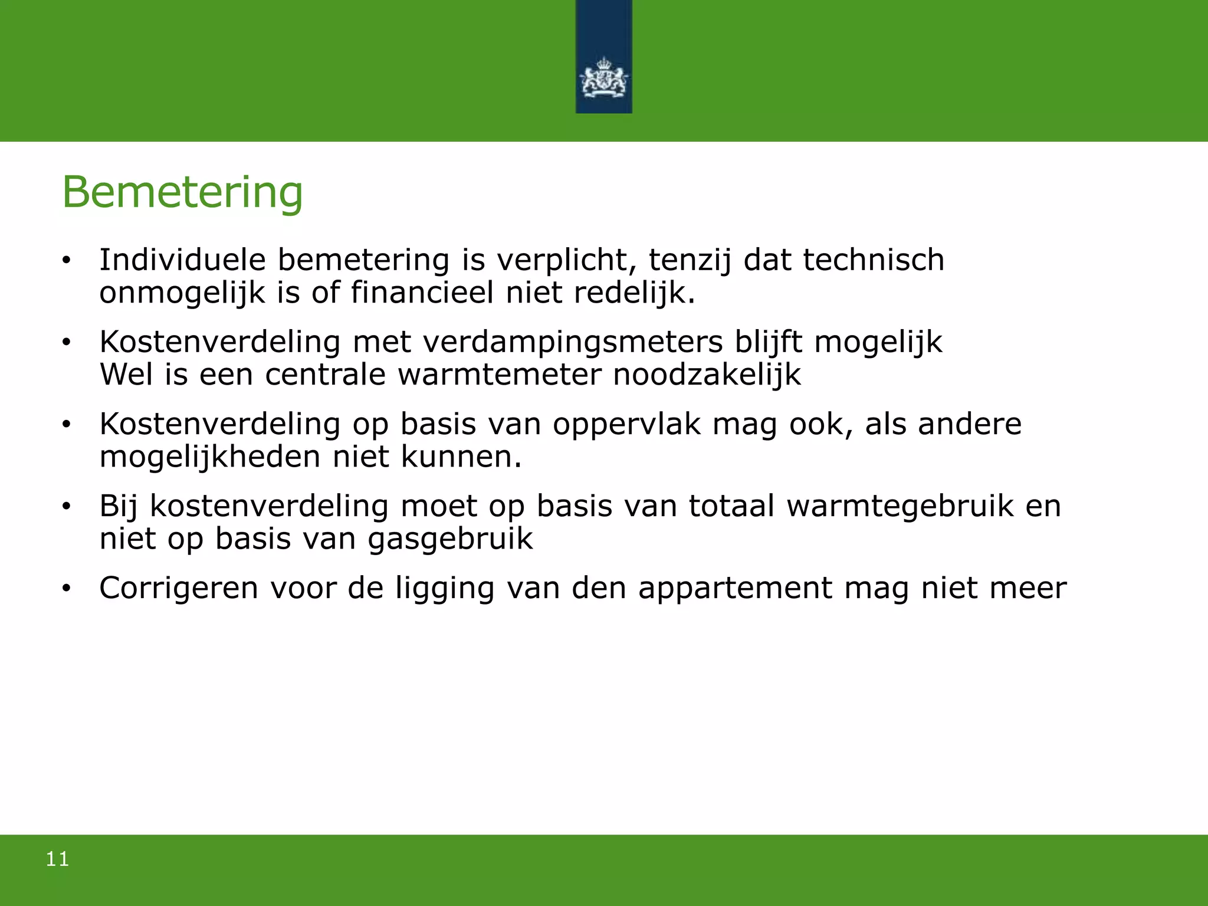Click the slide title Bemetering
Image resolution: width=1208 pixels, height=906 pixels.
pos(182,192)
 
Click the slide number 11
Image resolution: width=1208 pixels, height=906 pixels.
pos(57,859)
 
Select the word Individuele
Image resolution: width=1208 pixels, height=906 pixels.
pos(182,260)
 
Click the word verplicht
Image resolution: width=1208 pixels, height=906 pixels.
pos(567,260)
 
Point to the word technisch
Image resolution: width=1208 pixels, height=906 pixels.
pos(874,260)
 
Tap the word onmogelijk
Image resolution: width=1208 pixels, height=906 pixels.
pos(182,293)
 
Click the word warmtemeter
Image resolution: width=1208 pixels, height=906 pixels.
pos(499,375)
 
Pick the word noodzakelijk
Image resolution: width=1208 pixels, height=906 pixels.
pos(707,375)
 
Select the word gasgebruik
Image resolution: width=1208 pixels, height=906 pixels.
pos(450,539)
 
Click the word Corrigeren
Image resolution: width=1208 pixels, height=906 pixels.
pos(179,588)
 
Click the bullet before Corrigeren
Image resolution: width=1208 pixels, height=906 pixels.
pos(67,588)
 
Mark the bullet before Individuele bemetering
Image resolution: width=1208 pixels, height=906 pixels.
pos(67,260)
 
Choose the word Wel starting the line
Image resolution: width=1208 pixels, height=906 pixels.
pos(126,375)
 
